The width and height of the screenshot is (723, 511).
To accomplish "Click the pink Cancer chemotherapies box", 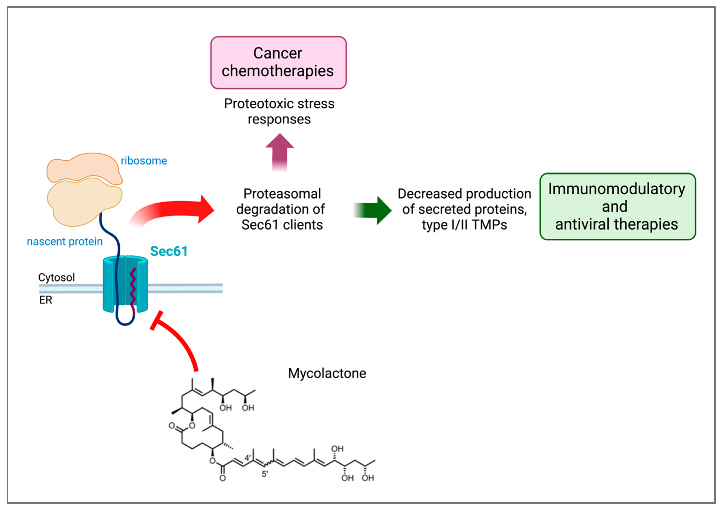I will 278,62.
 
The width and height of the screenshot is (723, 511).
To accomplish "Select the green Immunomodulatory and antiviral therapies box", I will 617,206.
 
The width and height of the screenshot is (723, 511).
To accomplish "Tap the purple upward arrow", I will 280,151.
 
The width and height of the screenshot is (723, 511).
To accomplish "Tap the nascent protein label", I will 64,241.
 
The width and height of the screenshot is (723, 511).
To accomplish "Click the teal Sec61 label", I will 169,251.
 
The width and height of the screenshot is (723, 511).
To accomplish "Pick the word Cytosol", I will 57,277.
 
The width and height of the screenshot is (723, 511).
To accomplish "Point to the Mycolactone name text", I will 327,373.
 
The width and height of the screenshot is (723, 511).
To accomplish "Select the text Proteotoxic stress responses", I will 279,111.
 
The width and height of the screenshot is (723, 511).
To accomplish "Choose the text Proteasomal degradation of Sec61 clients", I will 281,209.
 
